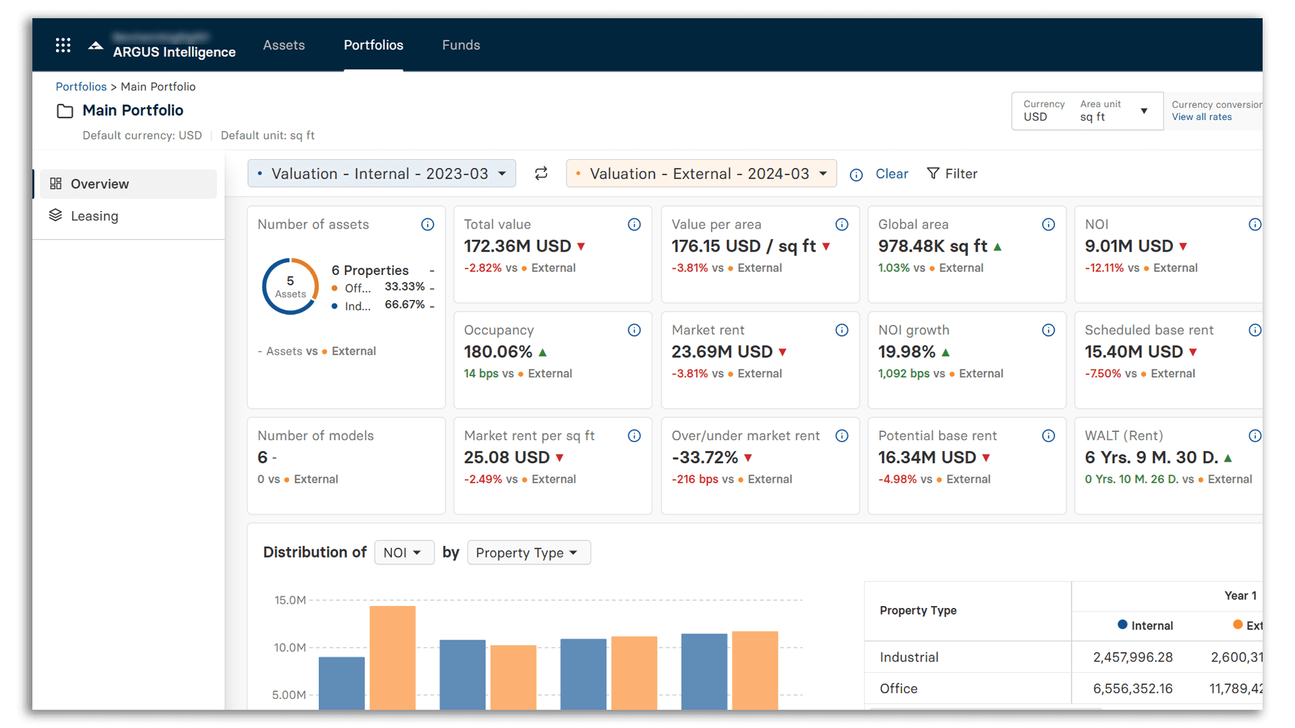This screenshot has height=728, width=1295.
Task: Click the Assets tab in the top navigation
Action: (x=283, y=45)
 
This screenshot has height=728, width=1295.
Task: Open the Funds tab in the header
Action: (x=461, y=45)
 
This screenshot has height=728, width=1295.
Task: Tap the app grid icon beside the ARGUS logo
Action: (x=63, y=45)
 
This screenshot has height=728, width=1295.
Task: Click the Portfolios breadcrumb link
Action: (x=81, y=86)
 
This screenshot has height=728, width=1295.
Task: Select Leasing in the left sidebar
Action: (x=94, y=216)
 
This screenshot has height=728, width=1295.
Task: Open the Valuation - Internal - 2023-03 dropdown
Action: (x=382, y=174)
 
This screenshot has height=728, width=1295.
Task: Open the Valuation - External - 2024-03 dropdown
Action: (x=701, y=174)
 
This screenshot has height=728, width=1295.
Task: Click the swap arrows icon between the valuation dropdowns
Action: (x=541, y=174)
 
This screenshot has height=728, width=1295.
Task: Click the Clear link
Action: (x=892, y=174)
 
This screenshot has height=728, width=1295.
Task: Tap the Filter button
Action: (x=952, y=174)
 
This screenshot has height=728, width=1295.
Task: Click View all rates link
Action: (x=1201, y=117)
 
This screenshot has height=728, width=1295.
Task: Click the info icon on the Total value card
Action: (x=634, y=224)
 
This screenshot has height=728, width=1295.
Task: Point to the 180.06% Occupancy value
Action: (x=498, y=352)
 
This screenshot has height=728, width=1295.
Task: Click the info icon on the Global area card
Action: (x=1048, y=224)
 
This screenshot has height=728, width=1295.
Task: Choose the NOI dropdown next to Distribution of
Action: (x=403, y=553)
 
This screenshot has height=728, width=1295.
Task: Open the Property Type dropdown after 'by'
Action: (x=528, y=553)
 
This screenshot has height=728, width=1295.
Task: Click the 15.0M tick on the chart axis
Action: (x=290, y=600)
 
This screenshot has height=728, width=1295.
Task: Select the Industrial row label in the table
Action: (x=909, y=657)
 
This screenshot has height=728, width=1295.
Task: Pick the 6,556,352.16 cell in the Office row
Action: (x=1132, y=689)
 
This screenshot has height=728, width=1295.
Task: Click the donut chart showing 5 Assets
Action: (x=290, y=286)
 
